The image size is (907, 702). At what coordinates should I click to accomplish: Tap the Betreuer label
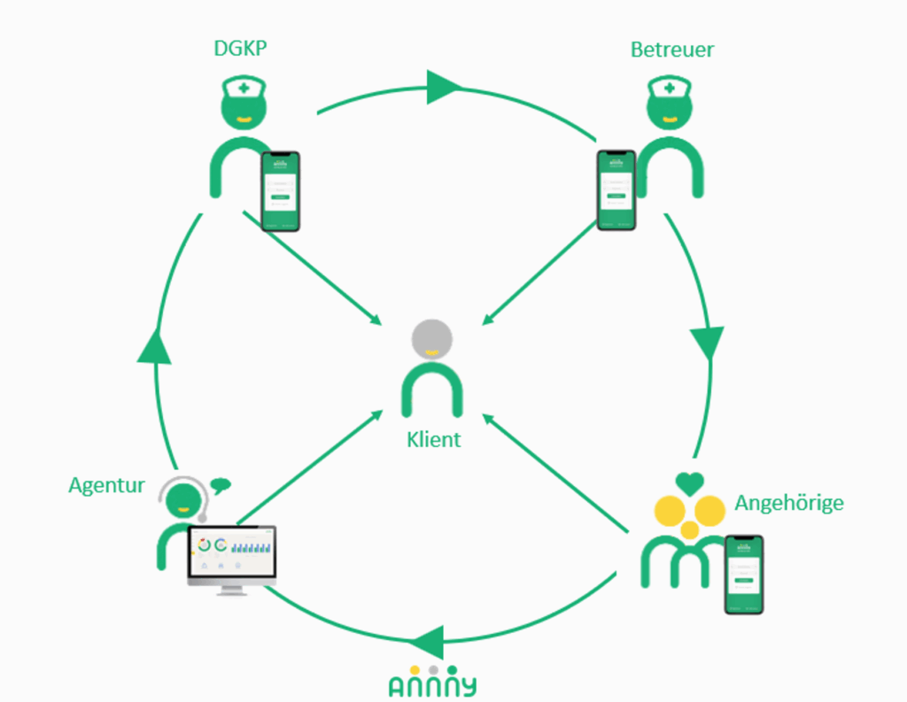[671, 49]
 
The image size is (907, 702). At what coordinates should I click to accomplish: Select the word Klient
[434, 439]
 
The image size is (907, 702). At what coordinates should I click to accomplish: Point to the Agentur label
[106, 485]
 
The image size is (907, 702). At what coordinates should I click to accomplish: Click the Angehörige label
[788, 504]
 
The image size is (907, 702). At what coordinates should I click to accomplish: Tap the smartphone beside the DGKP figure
[281, 191]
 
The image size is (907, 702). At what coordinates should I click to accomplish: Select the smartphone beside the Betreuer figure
[616, 190]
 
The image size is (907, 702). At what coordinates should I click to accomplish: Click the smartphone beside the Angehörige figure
[744, 575]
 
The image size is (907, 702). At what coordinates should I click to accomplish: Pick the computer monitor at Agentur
[231, 558]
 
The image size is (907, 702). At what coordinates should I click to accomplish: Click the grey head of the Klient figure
[432, 339]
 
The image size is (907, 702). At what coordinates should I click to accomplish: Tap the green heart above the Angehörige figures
[690, 483]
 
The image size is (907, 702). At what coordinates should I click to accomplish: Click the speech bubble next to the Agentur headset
[221, 484]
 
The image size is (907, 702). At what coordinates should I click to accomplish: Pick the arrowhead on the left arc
[154, 345]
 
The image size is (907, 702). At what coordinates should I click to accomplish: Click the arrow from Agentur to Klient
[310, 466]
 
